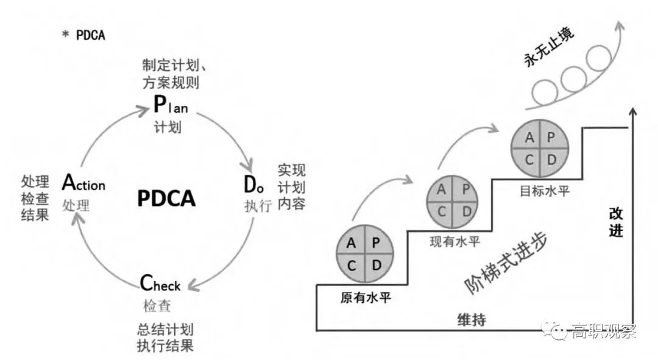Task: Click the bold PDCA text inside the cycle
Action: (166, 198)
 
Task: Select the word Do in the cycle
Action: (254, 183)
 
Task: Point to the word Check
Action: (161, 284)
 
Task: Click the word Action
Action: (83, 183)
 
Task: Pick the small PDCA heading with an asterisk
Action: (84, 35)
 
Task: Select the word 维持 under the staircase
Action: (472, 319)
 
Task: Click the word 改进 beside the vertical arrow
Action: (616, 222)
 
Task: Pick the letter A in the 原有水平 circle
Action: (352, 243)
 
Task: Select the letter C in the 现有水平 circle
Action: (442, 210)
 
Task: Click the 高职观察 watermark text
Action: (603, 332)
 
